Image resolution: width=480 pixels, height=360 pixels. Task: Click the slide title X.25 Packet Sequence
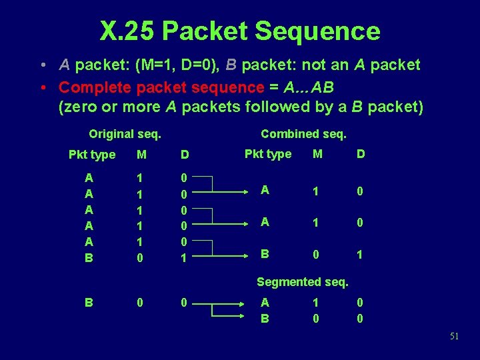click(240, 31)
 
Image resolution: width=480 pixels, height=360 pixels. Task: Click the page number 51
click(454, 337)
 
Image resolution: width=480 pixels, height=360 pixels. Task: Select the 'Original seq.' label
click(125, 133)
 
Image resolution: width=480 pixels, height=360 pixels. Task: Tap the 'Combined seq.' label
click(303, 133)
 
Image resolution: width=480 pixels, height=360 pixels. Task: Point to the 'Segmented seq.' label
click(303, 282)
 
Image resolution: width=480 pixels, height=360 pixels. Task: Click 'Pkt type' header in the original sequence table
click(92, 155)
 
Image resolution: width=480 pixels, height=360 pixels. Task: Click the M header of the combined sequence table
click(317, 154)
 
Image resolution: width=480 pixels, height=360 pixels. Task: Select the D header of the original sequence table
click(185, 155)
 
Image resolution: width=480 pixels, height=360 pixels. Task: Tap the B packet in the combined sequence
click(265, 254)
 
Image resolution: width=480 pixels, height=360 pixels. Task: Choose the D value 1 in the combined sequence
click(360, 254)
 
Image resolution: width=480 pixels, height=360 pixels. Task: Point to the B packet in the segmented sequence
click(265, 319)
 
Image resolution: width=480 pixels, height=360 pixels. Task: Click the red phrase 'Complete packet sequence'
click(161, 87)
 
